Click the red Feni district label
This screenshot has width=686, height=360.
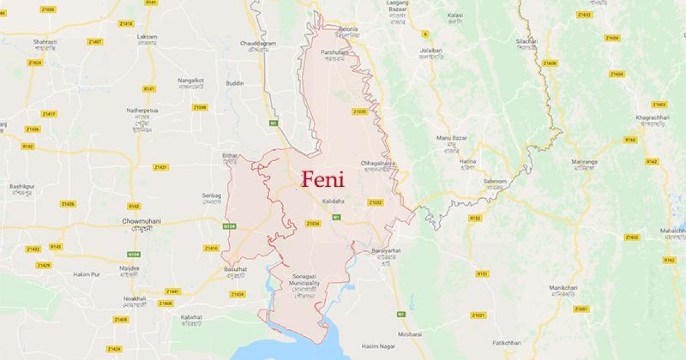[x=323, y=179]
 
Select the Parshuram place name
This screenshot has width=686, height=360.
[x=335, y=53]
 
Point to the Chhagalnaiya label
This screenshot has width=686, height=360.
[x=377, y=163]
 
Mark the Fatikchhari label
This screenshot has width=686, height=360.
[x=506, y=343]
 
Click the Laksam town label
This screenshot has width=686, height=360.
[x=147, y=37]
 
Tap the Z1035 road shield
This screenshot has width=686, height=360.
[x=359, y=111]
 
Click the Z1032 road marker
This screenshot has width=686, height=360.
[x=375, y=202]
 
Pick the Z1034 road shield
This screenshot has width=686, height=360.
[x=313, y=223]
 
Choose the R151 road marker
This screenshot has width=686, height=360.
[x=482, y=274]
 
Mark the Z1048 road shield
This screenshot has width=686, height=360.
[x=200, y=107]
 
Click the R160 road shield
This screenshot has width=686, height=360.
[x=631, y=139]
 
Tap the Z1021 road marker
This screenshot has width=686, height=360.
[x=478, y=315]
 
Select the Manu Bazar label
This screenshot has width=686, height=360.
[x=452, y=138]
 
